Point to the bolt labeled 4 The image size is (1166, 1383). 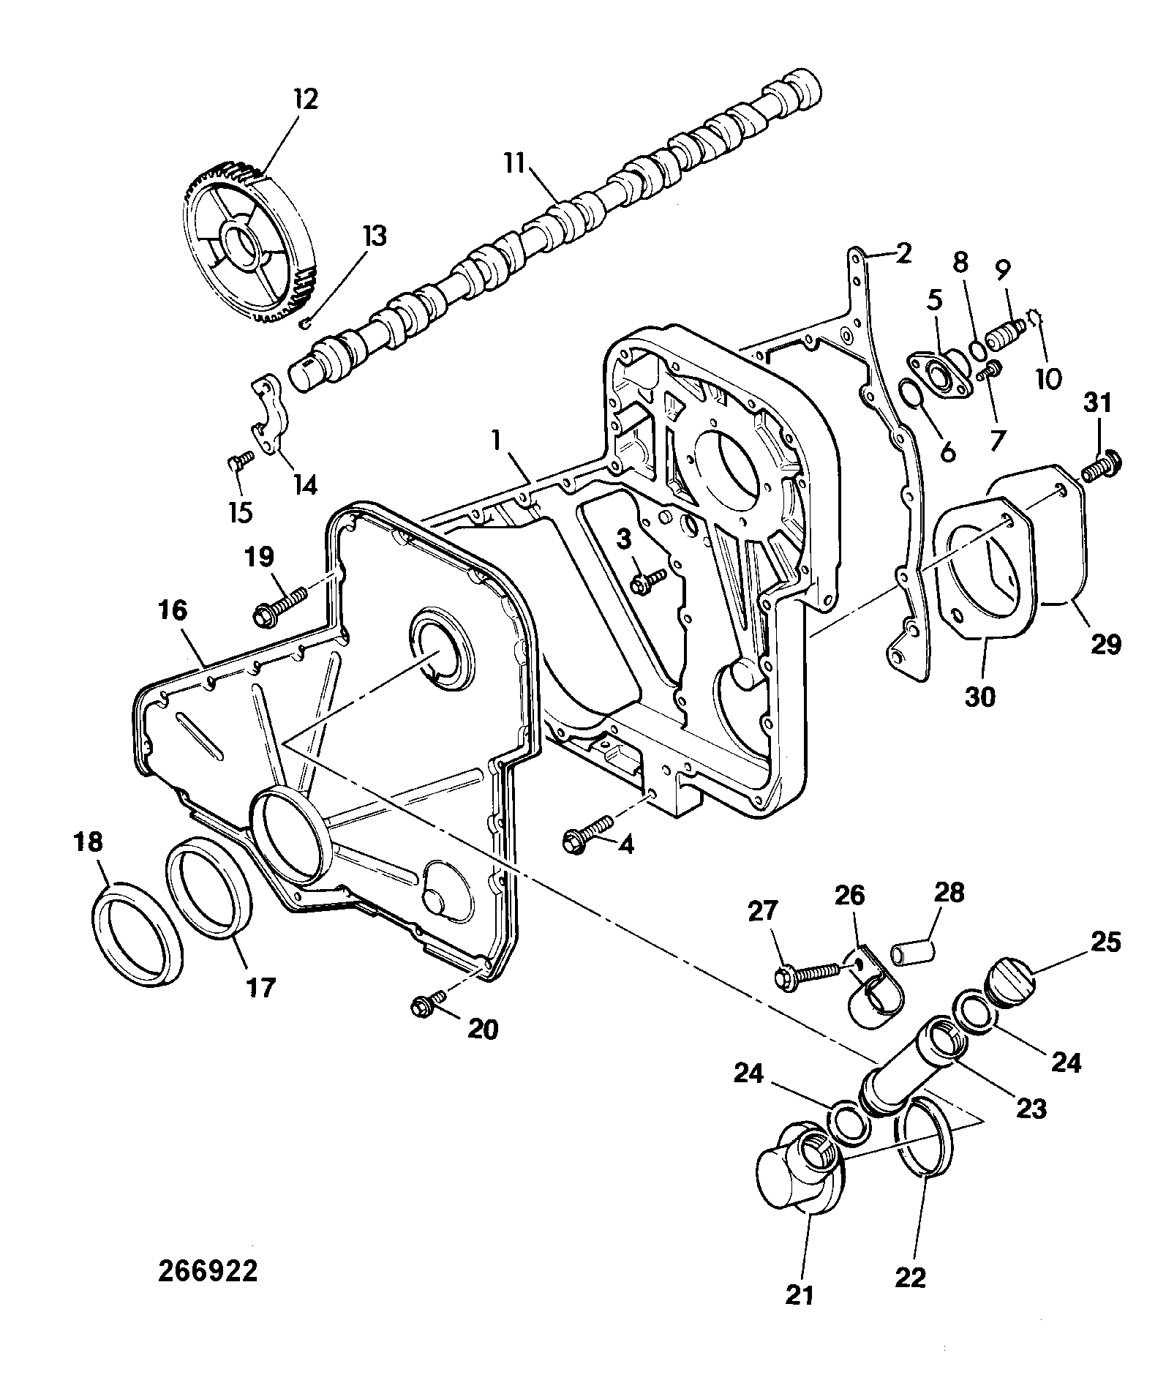point(588,833)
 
